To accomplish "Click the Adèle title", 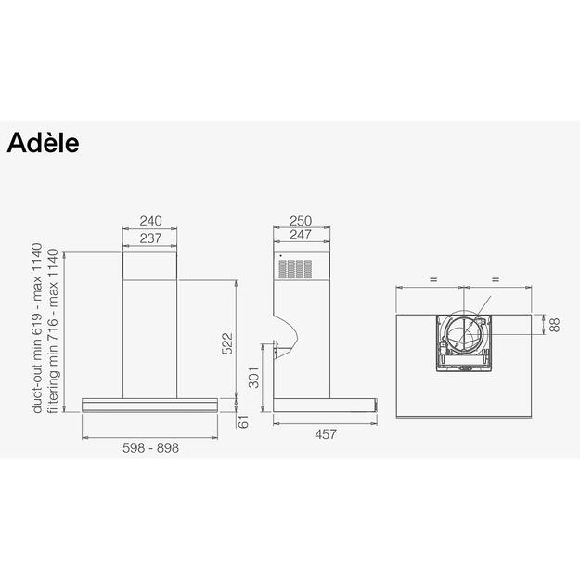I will [x=44, y=144].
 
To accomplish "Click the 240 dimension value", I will [x=150, y=221].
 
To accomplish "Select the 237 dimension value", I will [x=150, y=238].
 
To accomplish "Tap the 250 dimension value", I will [x=299, y=221].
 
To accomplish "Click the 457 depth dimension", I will [x=323, y=433].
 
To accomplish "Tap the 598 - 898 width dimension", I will [x=150, y=447].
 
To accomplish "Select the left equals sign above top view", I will [x=432, y=278].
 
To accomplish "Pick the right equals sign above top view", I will [x=496, y=278].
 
